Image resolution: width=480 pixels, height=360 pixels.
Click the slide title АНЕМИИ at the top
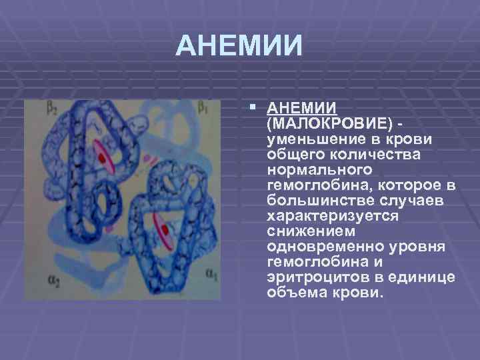239,45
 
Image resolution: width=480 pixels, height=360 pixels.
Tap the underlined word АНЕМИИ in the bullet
301,109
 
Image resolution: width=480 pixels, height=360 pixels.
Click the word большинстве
313,200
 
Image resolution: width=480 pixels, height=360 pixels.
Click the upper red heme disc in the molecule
103,157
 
